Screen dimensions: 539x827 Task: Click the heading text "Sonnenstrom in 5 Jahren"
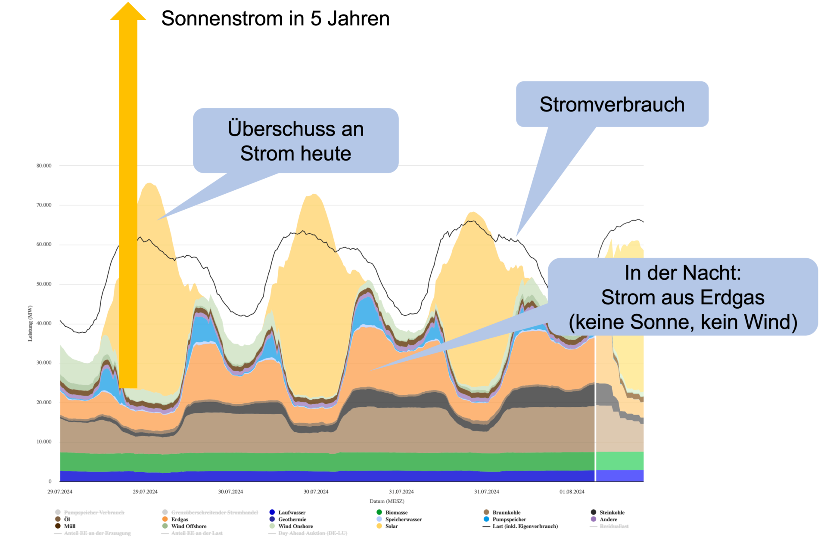(275, 19)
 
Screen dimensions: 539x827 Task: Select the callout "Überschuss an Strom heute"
(295, 141)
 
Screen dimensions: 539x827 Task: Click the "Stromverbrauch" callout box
(612, 105)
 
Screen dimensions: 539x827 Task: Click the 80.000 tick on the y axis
(44, 166)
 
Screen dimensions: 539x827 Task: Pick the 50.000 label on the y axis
(44, 284)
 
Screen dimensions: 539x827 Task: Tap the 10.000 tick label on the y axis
(44, 442)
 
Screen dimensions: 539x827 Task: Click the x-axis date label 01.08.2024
(572, 492)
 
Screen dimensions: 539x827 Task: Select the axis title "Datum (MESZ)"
(387, 501)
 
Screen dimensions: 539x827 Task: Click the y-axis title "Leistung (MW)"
(30, 323)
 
